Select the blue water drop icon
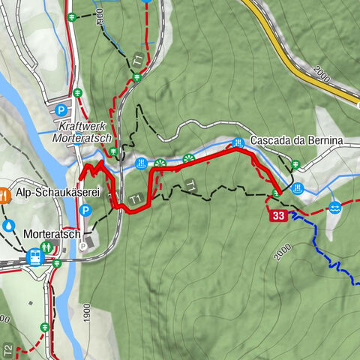pyautogui.click(x=8, y=224)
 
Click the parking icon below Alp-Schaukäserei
pyautogui.click(x=85, y=211)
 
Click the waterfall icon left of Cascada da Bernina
pyautogui.click(x=238, y=142)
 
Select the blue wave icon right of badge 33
pyautogui.click(x=334, y=206)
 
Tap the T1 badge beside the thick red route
pyautogui.click(x=136, y=199)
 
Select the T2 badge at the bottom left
pyautogui.click(x=7, y=349)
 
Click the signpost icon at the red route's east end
pyautogui.click(x=276, y=193)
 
